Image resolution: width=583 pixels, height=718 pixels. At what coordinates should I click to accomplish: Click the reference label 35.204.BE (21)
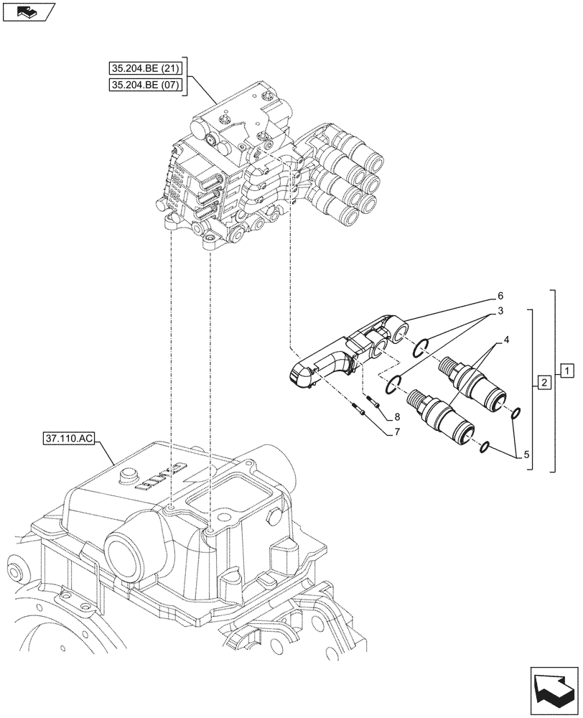click(146, 70)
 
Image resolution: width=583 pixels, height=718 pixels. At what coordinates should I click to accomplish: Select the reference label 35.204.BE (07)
click(146, 86)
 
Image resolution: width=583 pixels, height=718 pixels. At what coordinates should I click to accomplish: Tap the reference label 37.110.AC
click(67, 437)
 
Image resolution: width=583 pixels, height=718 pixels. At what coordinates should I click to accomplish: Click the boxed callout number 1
click(567, 370)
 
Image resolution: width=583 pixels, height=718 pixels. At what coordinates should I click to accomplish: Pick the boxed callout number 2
click(544, 382)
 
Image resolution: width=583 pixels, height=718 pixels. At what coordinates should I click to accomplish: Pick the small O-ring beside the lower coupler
click(485, 447)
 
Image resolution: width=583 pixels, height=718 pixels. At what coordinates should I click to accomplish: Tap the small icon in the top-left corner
click(28, 11)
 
